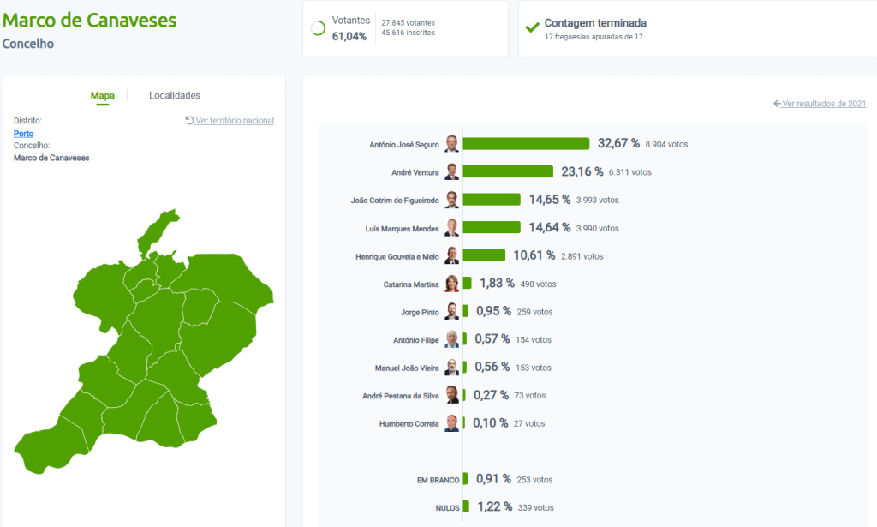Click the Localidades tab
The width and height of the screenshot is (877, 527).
(174, 95)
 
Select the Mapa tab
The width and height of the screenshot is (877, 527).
(103, 95)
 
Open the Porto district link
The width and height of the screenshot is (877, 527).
(24, 134)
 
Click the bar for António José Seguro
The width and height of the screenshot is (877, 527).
(526, 144)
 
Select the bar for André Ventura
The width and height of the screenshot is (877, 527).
(508, 171)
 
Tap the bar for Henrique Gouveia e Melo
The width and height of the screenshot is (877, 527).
(484, 255)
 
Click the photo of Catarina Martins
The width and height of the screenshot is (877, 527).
(451, 284)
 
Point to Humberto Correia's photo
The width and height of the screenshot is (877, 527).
(451, 423)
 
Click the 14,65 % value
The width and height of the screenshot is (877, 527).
(549, 200)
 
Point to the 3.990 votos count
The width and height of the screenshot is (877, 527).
(597, 229)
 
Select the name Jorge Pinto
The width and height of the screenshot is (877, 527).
(420, 313)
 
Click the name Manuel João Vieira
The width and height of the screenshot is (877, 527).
(407, 368)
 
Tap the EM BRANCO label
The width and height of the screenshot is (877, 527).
(438, 480)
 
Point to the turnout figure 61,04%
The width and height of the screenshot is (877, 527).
(349, 36)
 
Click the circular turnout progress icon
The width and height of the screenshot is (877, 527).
(318, 28)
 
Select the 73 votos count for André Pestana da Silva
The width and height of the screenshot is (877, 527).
(529, 396)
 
